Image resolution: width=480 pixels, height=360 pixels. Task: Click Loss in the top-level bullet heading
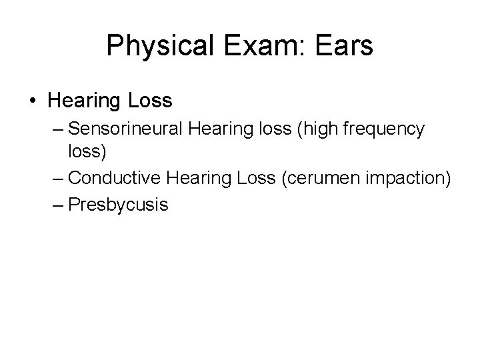coord(149,101)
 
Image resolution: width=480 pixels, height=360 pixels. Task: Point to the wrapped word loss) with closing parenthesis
coord(87,153)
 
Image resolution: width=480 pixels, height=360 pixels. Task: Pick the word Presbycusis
coord(118,204)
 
